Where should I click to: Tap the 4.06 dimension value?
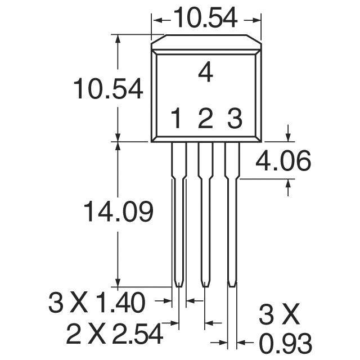[x=283, y=162]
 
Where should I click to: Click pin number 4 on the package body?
[x=206, y=73]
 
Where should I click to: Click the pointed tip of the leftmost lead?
[x=178, y=286]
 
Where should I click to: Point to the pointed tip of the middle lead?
[x=205, y=286]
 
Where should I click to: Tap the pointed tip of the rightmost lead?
[x=232, y=286]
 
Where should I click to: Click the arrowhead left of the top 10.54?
[x=157, y=20]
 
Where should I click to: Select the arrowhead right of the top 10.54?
[x=257, y=20]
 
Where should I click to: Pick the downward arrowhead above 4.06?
[x=289, y=137]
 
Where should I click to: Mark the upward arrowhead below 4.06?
[x=289, y=183]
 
